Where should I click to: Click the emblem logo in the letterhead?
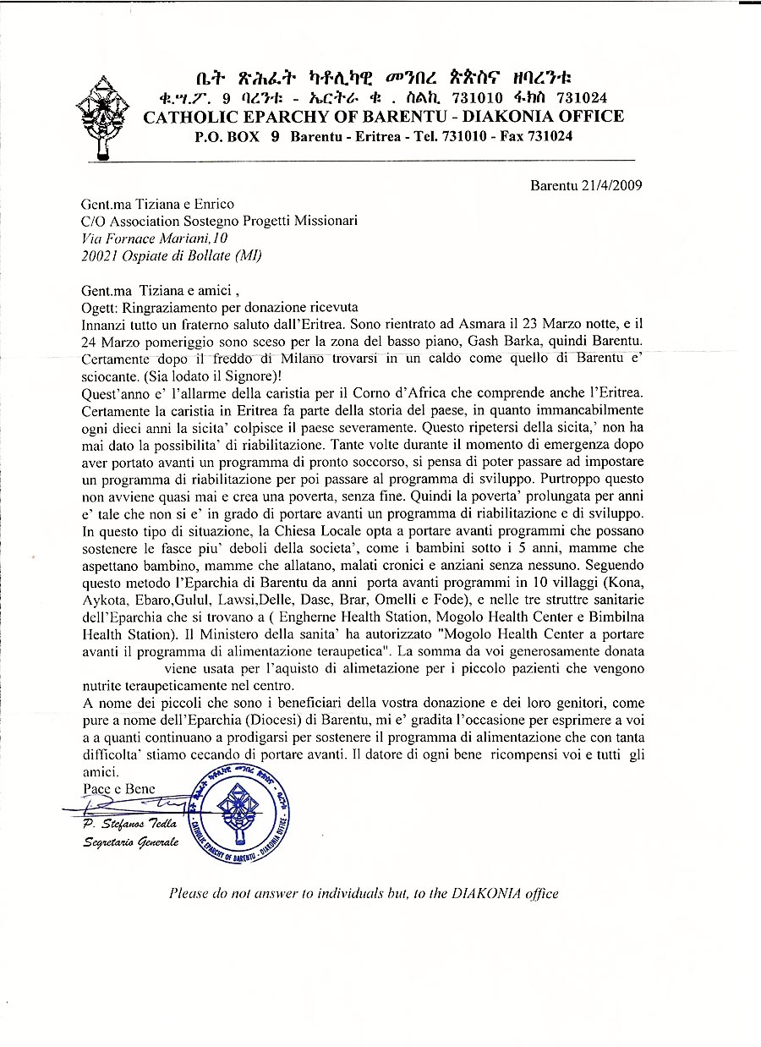coord(106,115)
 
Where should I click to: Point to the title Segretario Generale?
coord(130,843)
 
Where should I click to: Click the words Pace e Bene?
coord(118,788)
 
